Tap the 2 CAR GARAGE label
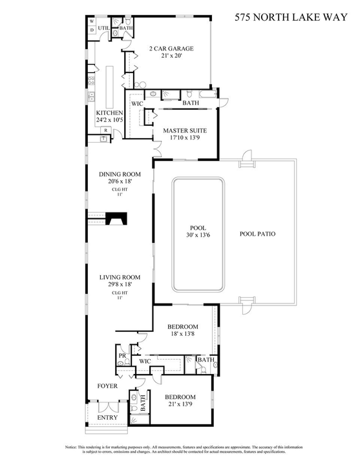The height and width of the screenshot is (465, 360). (x=171, y=48)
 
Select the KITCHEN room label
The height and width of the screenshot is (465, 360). (x=109, y=112)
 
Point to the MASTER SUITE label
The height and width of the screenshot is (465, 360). (x=184, y=130)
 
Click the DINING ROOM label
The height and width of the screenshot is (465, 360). (x=120, y=174)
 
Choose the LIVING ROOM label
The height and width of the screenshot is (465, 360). (x=120, y=277)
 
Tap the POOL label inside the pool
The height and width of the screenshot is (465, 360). (x=197, y=228)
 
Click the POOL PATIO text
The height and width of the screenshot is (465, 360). (x=257, y=234)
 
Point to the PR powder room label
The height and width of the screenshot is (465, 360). (x=122, y=356)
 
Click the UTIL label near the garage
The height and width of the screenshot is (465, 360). (x=103, y=28)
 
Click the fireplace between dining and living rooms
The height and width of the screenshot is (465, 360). (x=116, y=221)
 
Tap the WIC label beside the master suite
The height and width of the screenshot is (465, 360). (x=137, y=103)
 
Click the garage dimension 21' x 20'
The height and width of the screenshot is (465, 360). (x=171, y=56)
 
